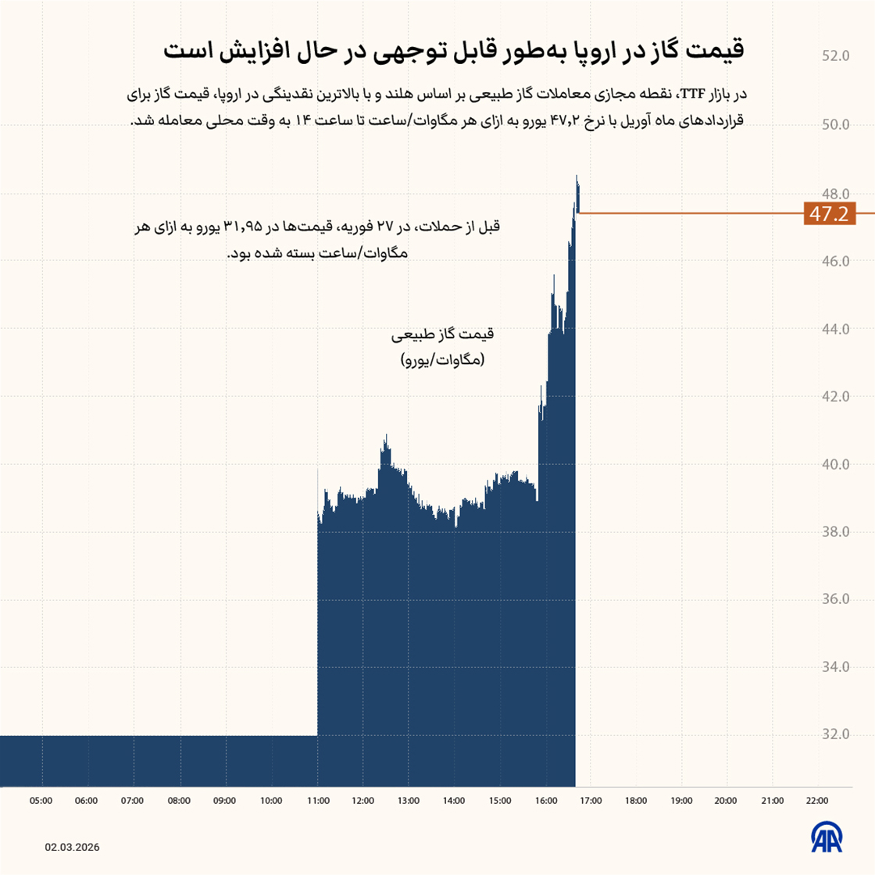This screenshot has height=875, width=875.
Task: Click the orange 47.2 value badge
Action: (x=829, y=213)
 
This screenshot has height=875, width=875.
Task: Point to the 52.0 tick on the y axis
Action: (x=835, y=56)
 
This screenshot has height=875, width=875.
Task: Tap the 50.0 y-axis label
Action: (x=835, y=125)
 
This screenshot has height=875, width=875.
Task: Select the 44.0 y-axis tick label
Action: (x=835, y=329)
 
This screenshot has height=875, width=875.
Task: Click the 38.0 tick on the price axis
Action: (x=835, y=532)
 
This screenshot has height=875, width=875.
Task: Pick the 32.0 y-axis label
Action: (x=835, y=735)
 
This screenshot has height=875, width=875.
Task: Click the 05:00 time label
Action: (x=41, y=801)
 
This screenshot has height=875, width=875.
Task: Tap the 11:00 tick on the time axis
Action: (x=317, y=801)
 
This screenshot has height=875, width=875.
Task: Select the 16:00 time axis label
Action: (x=546, y=801)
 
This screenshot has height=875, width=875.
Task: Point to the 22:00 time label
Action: (x=817, y=801)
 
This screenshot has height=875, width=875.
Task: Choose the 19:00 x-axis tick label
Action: (x=681, y=801)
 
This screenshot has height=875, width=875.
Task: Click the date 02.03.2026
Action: (x=72, y=848)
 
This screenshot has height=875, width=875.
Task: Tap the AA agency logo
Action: (x=827, y=837)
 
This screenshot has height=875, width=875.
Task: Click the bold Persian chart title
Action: (x=454, y=52)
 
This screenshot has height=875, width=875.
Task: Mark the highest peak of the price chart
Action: (x=577, y=177)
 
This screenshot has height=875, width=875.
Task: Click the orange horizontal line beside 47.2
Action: (x=687, y=212)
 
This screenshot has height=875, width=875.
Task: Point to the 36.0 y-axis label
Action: (x=835, y=599)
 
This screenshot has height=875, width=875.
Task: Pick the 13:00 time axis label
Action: (x=409, y=801)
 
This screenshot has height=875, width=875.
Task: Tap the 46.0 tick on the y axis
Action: (x=835, y=261)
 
